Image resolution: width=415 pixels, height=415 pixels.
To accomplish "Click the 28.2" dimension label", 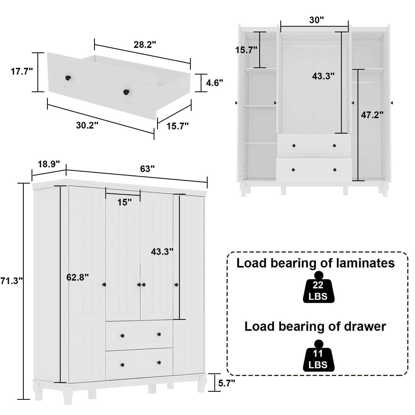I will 145,45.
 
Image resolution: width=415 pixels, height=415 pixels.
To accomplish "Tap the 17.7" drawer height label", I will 22,71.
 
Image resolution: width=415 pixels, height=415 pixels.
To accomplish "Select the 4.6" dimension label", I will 214,82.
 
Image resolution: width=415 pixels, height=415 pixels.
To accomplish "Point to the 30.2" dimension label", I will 87,125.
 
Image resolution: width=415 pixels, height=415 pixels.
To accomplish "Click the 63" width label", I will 147,169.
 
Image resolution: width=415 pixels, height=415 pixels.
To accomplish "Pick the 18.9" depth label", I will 49,164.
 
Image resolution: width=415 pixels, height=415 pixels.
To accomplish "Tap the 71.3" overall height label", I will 11,281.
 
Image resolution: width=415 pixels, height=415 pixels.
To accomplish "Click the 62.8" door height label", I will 77,277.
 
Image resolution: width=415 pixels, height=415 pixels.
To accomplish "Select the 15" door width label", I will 124,202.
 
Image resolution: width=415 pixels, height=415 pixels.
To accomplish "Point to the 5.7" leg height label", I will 227,383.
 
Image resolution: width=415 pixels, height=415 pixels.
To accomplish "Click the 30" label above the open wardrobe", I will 316,20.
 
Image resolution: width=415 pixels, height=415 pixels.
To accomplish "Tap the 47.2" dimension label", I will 372,115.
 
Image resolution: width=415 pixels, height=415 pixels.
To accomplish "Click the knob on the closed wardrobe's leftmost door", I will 104,285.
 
